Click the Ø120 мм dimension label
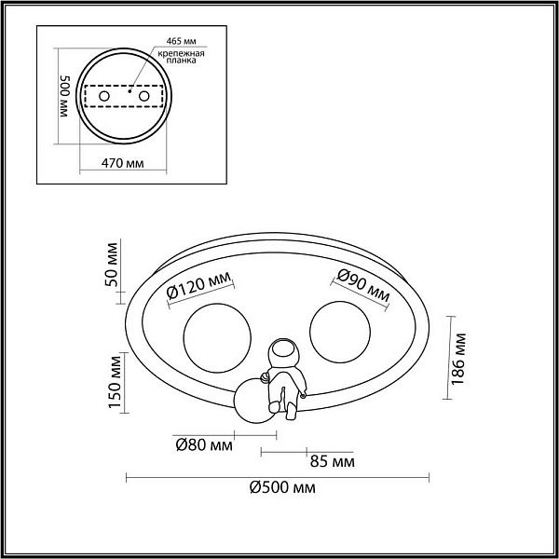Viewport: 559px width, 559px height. coord(198,288)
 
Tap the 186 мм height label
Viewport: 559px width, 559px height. coord(458,359)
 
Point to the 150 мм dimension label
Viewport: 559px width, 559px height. coord(115,382)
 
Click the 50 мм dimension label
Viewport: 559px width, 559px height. coord(112,265)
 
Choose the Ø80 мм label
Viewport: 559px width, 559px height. coord(204,445)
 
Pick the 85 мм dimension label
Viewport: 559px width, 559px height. coord(333,462)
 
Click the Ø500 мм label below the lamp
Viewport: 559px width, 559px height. coord(282,487)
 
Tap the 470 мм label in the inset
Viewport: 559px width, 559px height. coord(123,163)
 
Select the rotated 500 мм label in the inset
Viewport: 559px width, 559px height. coord(64,97)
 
